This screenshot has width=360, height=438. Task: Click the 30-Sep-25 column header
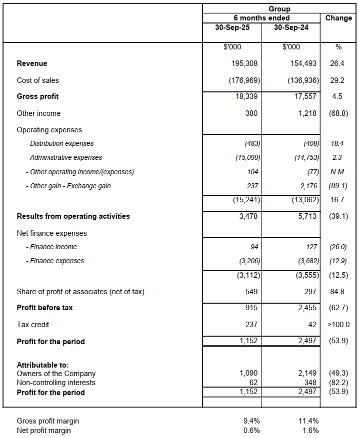(x=232, y=27)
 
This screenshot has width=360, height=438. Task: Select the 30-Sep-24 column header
(x=291, y=27)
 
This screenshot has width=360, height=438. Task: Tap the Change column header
(x=338, y=18)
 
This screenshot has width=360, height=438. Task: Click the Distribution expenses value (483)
(x=251, y=143)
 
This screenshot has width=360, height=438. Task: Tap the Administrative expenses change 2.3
(x=337, y=157)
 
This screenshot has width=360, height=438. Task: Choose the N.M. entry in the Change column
(x=338, y=172)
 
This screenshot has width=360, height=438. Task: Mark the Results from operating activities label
(x=73, y=216)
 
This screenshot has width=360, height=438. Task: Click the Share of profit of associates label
(x=80, y=292)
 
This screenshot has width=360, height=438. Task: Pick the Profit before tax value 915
(x=250, y=308)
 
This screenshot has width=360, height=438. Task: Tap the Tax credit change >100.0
(x=338, y=325)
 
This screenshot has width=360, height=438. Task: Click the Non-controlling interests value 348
(x=310, y=383)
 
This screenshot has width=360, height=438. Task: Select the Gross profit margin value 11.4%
(x=307, y=421)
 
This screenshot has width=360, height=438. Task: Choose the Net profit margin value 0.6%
(x=249, y=431)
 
